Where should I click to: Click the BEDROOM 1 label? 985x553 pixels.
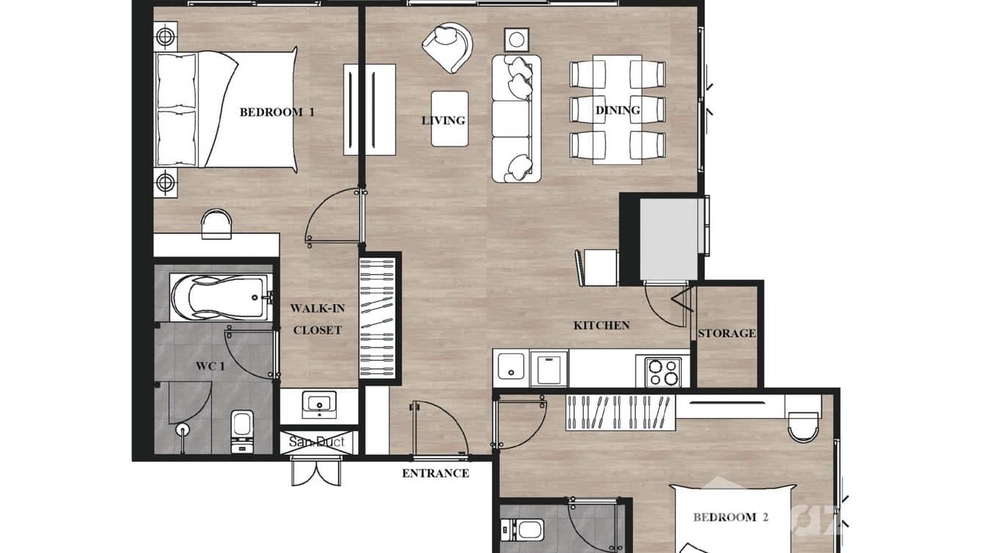(277, 112)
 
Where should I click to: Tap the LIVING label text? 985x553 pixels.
(443, 120)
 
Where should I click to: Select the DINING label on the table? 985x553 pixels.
(617, 110)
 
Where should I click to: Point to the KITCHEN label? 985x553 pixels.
(601, 325)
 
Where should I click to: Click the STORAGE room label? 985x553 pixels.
(726, 333)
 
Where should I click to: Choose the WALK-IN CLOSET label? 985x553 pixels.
(317, 319)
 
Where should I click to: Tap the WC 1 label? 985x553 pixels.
(210, 366)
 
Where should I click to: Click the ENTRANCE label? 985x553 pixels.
(435, 473)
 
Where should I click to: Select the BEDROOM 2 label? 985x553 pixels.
(730, 517)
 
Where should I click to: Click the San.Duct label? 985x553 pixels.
(316, 442)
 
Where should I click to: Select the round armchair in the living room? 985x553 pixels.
(446, 47)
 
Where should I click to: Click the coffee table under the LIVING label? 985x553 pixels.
(449, 118)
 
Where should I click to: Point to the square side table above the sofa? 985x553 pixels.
(517, 39)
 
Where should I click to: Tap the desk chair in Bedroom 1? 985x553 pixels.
(217, 223)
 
